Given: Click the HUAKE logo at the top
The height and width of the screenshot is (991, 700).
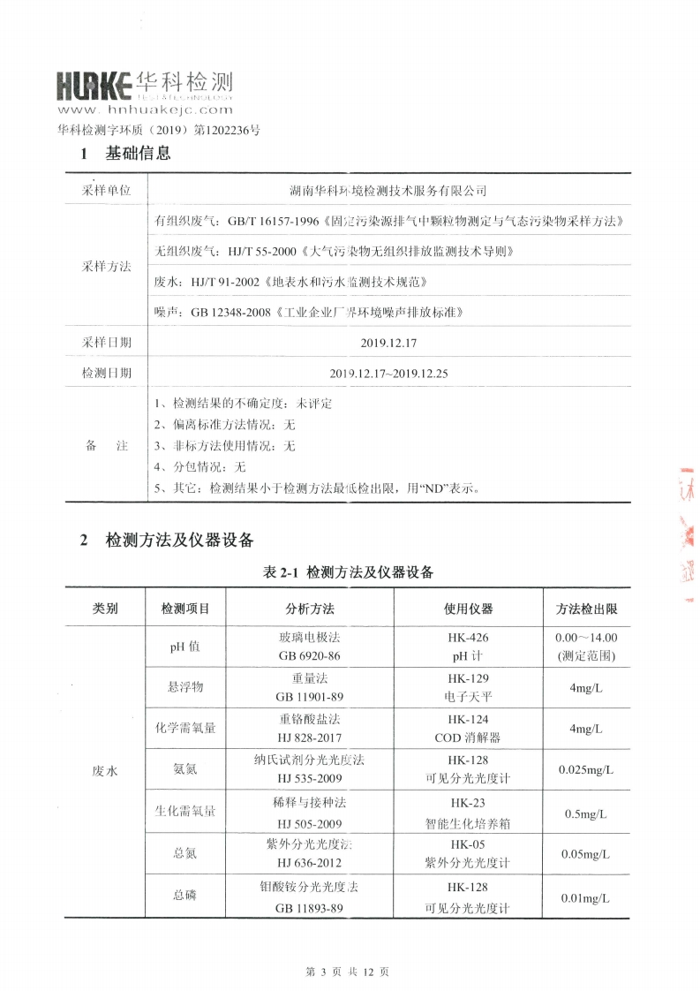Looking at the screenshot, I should coord(144,86).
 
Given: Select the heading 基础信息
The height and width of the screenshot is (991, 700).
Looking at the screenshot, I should coord(138,154).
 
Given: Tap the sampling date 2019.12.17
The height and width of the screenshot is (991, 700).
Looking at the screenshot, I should coord(388,341).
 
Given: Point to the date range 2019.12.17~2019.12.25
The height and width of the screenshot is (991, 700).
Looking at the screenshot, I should coord(388,373).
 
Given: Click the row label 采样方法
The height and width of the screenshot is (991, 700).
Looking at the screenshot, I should coord(106,266).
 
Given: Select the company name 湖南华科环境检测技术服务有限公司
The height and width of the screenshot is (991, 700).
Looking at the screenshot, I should coord(388,191).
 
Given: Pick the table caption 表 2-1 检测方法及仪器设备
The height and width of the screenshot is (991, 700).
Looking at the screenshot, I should coord(349,572).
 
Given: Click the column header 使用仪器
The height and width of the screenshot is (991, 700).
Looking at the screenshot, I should coord(468,609).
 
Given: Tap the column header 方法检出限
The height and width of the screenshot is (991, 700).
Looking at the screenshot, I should coord(586,609).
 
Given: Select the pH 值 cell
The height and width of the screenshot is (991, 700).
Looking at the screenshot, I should coord(185,647).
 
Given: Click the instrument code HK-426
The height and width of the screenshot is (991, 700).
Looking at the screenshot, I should coord(468,637).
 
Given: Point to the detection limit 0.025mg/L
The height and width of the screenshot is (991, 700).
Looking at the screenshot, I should coord(586,770).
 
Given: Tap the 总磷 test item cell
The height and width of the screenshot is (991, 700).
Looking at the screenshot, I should coord(185,896).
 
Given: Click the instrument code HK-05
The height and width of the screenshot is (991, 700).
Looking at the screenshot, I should coord(468,844).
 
